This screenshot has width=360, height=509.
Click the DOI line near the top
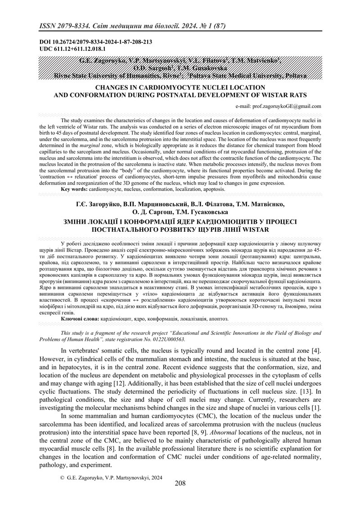[95, 42]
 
